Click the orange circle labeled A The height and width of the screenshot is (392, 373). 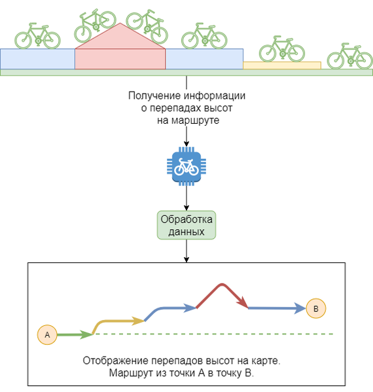[x=47, y=334]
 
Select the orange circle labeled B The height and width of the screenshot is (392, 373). [x=316, y=308]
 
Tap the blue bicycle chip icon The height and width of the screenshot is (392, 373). [x=186, y=166]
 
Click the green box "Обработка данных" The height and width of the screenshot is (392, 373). [x=186, y=225]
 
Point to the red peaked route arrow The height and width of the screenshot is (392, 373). [x=221, y=285]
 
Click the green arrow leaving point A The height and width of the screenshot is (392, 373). [x=75, y=334]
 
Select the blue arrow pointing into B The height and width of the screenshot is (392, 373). [x=277, y=308]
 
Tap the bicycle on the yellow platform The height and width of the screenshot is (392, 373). [x=282, y=49]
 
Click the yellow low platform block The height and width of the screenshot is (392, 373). [x=282, y=65]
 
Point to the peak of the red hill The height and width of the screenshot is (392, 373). [x=120, y=24]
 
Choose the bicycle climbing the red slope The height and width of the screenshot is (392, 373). [x=95, y=26]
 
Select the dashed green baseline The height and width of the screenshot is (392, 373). [x=214, y=334]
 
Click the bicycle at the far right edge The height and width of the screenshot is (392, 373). [x=350, y=56]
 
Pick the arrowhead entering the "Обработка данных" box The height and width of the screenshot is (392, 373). [x=186, y=208]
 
